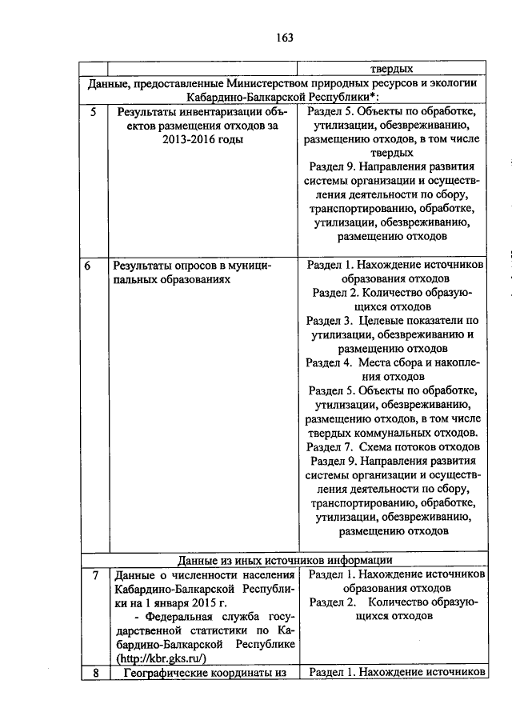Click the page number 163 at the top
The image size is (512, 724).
click(x=285, y=37)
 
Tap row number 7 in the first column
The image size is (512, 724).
click(x=94, y=575)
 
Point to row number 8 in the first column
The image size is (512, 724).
click(x=94, y=673)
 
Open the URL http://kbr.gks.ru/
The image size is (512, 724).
click(x=162, y=658)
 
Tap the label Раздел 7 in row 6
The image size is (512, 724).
click(x=331, y=446)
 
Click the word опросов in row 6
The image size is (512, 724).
click(x=191, y=266)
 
